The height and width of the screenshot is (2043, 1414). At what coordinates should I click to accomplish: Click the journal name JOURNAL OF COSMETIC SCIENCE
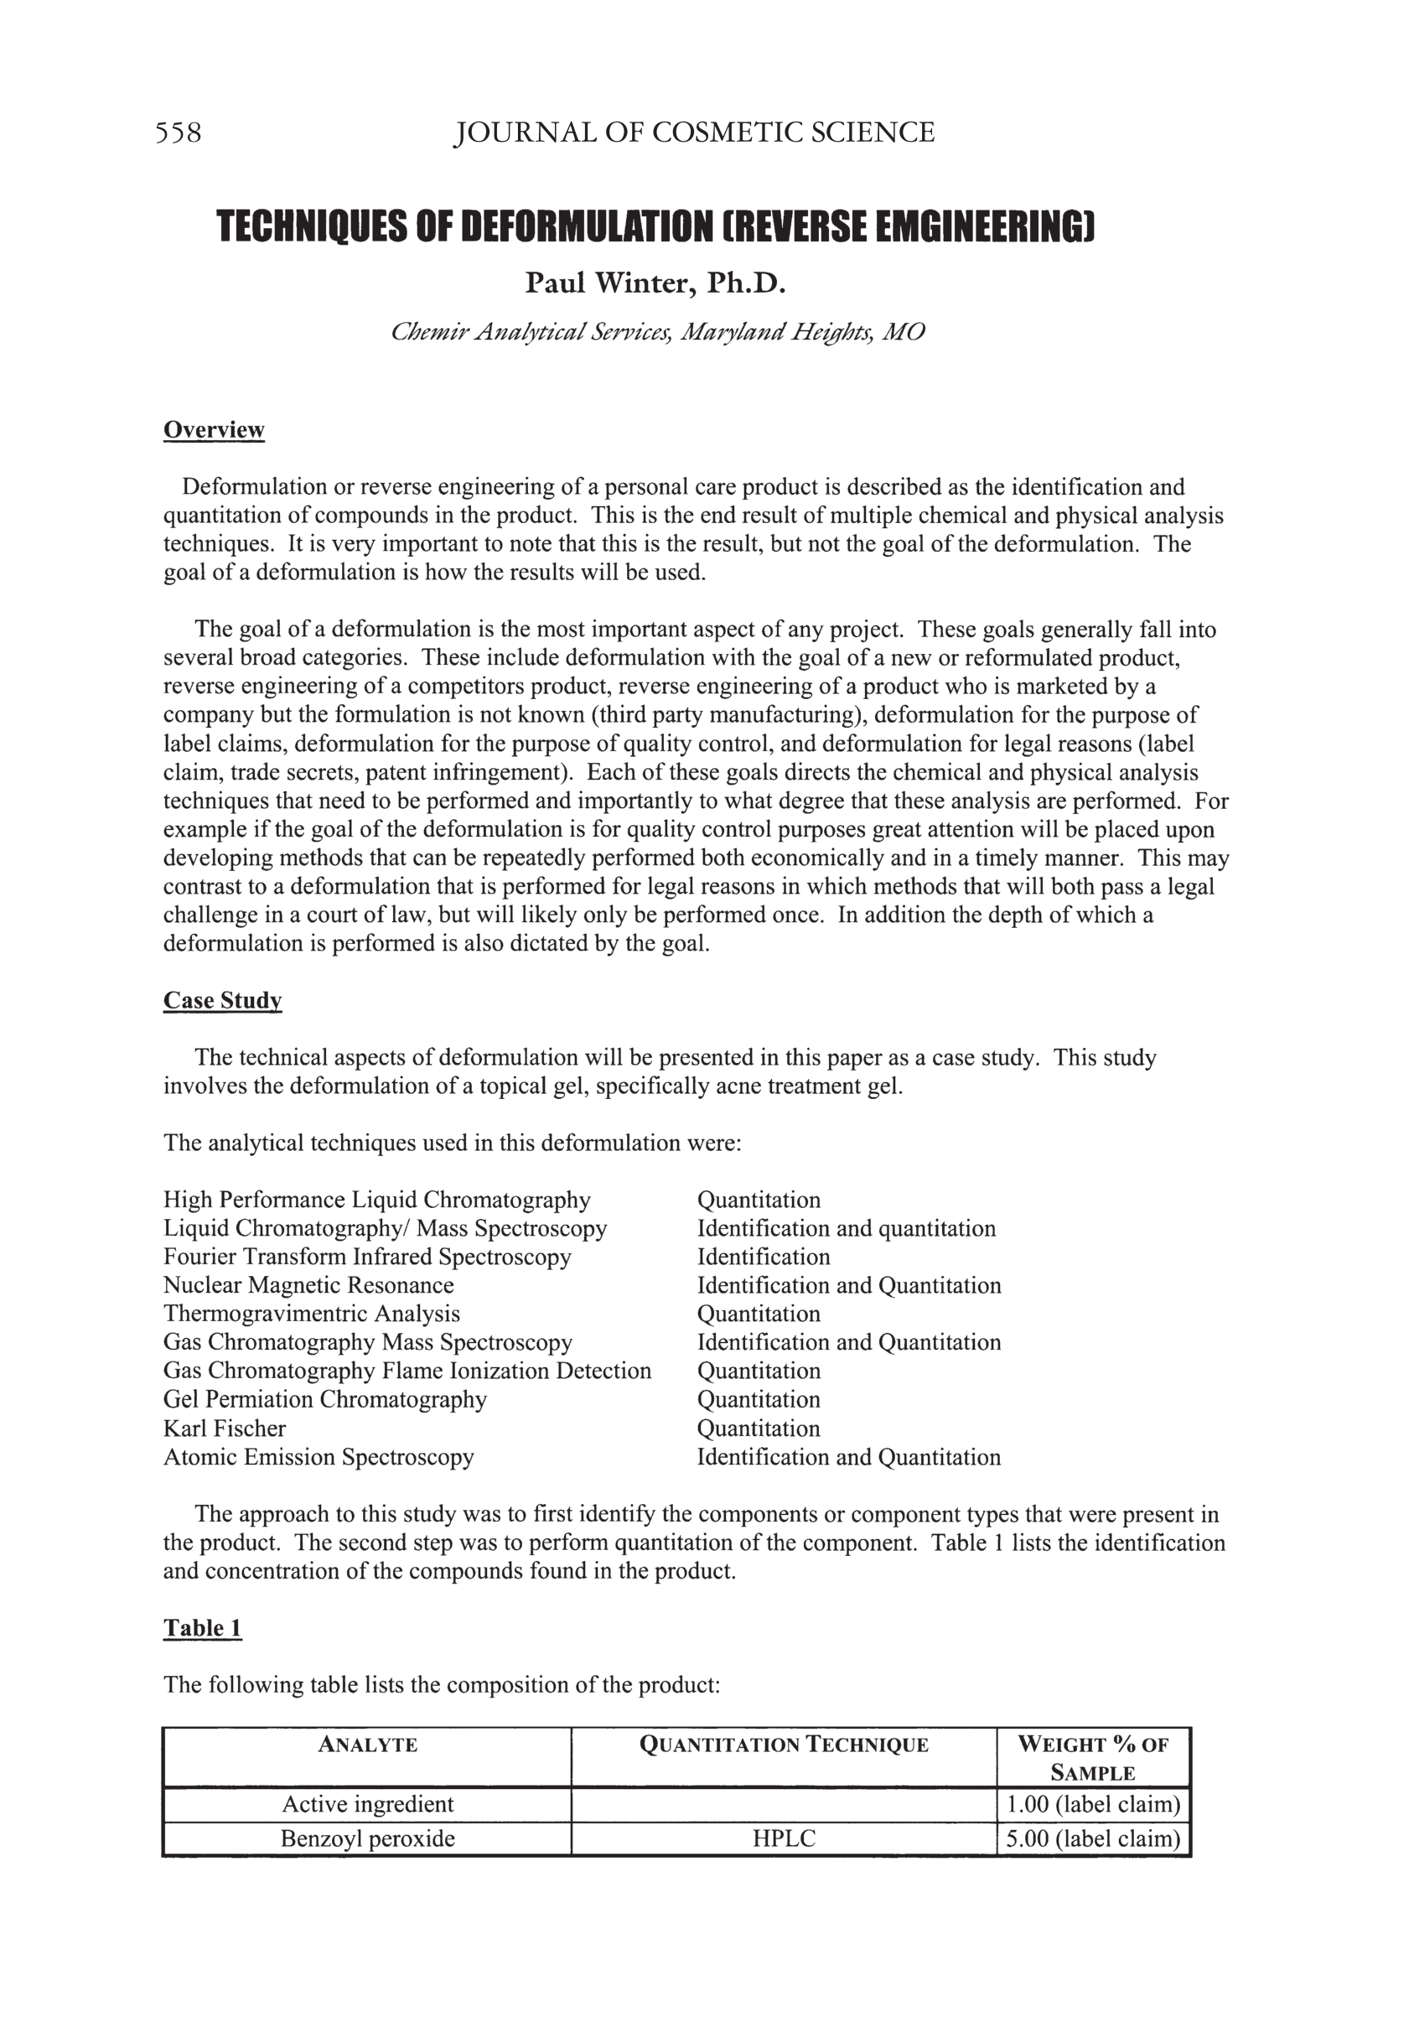694,133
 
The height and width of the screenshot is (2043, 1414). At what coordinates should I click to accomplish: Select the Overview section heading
214,430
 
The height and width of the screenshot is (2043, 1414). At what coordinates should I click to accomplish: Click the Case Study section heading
222,1000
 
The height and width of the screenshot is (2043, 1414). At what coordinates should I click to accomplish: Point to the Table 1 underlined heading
202,1627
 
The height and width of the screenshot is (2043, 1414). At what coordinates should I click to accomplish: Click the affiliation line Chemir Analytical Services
657,331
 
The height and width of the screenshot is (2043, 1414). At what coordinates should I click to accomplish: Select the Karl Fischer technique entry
224,1429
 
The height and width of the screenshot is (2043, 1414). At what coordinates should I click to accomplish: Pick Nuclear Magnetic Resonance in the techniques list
308,1284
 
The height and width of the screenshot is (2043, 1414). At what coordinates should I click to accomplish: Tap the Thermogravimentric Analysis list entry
311,1313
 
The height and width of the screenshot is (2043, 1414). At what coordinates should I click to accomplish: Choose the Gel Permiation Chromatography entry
324,1399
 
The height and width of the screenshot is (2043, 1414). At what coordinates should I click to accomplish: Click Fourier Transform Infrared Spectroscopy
367,1257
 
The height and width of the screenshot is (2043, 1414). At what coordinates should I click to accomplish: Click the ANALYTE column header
367,1745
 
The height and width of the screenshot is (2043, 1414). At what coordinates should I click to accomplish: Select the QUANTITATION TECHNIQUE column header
783,1745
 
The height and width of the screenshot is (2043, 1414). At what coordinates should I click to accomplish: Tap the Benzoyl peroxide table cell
367,1838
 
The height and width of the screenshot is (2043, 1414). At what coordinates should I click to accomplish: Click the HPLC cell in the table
783,1838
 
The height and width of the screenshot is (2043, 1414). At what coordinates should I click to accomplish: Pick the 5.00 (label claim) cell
1092,1838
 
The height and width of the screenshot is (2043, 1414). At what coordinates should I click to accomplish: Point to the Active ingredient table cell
367,1804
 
